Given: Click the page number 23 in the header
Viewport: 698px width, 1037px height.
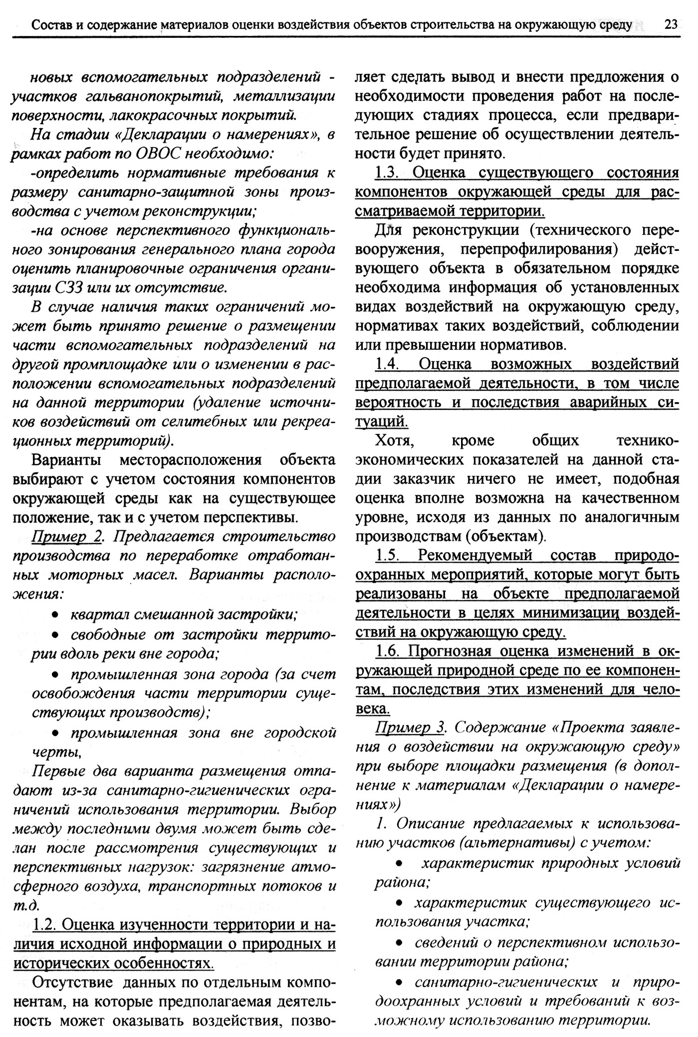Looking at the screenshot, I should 671,24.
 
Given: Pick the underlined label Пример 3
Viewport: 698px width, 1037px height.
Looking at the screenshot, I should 410,727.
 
